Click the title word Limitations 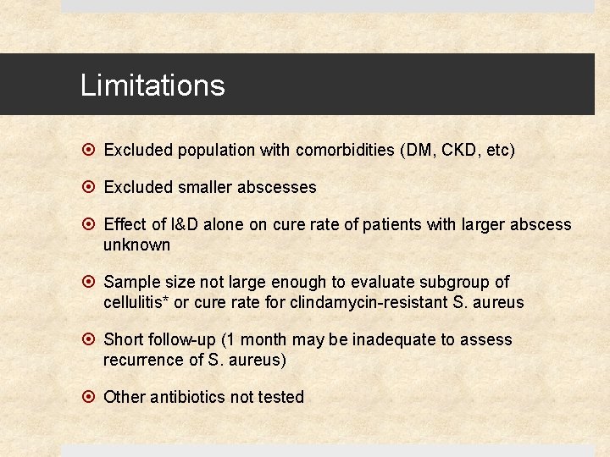pos(152,85)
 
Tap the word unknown pos(136,245)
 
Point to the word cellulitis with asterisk pos(136,303)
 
